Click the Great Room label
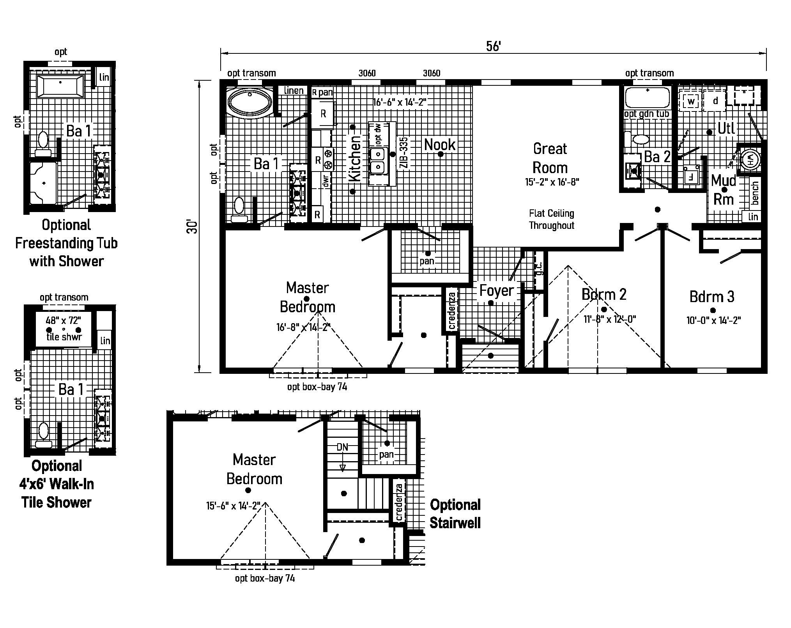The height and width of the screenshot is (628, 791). [550, 158]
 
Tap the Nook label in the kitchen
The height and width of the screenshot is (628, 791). [440, 145]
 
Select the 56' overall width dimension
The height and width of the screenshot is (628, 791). [493, 46]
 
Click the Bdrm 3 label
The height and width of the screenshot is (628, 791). [712, 297]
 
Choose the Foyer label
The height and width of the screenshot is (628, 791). [496, 290]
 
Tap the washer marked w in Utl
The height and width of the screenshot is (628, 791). [691, 102]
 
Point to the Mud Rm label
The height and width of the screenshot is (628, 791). [724, 190]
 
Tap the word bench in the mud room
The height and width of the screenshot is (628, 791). [755, 193]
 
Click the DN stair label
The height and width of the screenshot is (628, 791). [342, 447]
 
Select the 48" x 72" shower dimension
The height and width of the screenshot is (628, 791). [63, 321]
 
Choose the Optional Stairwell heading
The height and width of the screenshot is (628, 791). [455, 514]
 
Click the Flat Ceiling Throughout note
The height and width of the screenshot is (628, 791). [551, 219]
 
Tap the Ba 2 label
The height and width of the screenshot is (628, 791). [657, 157]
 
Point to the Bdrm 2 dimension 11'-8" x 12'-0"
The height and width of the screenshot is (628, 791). [610, 319]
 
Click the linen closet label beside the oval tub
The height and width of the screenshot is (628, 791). [294, 90]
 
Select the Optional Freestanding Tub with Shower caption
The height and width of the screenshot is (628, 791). [66, 243]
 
